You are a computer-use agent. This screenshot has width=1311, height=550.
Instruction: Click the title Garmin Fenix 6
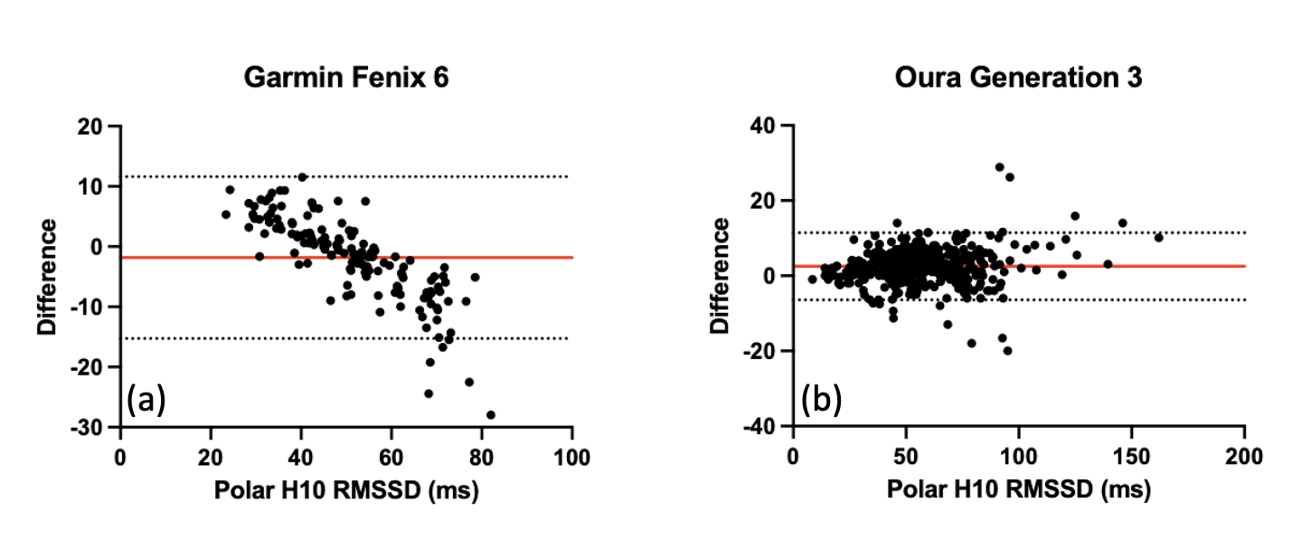346,79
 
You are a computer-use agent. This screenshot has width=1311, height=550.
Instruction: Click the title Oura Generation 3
1018,79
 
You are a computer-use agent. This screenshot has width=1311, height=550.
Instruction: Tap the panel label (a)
146,399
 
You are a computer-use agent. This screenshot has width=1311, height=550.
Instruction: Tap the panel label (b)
821,399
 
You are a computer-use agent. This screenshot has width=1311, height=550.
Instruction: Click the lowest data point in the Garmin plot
491,414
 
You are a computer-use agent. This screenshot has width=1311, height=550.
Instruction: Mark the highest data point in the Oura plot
999,167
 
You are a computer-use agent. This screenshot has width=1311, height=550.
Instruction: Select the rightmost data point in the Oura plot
1158,237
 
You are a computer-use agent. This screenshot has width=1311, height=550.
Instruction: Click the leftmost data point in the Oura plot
812,279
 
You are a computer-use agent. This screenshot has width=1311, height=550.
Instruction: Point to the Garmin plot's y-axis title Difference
49,276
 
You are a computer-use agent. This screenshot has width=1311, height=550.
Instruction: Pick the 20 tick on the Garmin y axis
90,126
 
